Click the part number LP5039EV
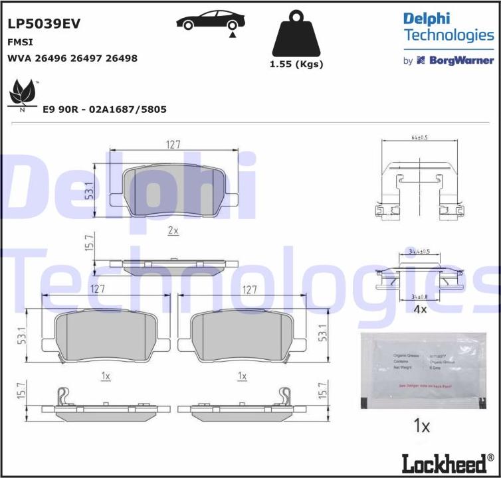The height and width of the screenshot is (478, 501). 44,24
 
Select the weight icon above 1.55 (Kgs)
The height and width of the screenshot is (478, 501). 296,35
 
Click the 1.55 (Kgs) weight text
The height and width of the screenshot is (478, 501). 296,64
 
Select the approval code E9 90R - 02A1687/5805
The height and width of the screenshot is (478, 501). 104,110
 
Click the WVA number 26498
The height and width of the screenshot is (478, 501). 122,58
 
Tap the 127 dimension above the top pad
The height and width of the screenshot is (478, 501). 173,144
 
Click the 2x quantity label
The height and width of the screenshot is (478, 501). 173,230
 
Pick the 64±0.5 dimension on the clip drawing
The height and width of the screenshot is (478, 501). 419,138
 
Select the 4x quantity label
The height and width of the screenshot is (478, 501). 419,309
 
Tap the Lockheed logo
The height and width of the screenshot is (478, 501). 447,463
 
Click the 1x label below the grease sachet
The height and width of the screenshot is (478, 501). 421,426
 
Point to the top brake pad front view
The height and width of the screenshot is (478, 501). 173,190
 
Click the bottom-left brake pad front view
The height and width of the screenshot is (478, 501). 106,336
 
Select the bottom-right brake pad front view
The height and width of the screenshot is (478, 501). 243,336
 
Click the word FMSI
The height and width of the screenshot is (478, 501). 21,42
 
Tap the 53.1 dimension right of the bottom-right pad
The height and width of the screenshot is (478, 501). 323,333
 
